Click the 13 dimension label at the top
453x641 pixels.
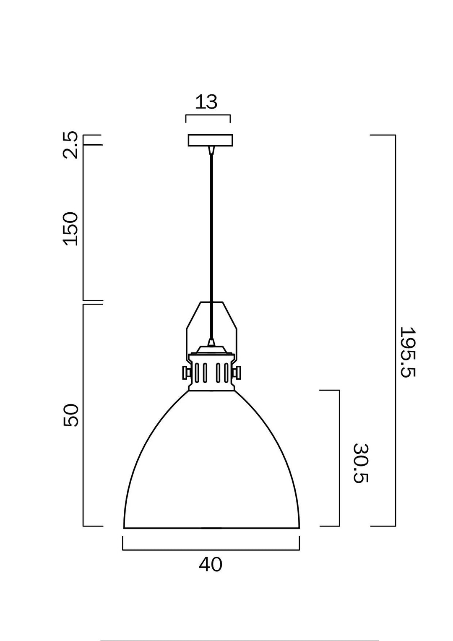207,102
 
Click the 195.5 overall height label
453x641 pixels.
406,352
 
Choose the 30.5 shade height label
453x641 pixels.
360,463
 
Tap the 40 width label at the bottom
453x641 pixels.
211,565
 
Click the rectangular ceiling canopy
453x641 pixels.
211,140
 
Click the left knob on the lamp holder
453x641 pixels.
185,372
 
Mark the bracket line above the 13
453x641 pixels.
208,115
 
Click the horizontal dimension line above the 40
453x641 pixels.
211,549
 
